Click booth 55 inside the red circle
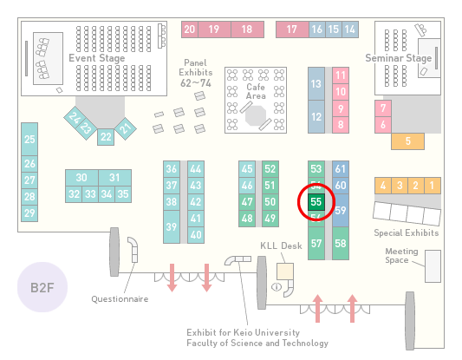(316, 202)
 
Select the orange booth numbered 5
(407, 141)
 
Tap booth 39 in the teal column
(172, 226)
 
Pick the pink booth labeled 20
(190, 29)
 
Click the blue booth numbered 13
(316, 84)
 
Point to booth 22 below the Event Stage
(106, 137)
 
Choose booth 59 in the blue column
(341, 210)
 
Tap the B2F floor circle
(42, 287)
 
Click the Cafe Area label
(256, 91)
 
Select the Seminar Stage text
(399, 58)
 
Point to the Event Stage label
(96, 58)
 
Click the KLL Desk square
(285, 272)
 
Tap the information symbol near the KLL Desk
(277, 286)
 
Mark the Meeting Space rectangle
(433, 266)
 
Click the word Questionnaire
(120, 299)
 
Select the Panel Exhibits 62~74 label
(196, 73)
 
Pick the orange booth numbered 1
(433, 186)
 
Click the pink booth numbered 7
(383, 108)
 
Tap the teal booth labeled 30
(81, 178)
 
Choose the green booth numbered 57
(316, 243)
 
